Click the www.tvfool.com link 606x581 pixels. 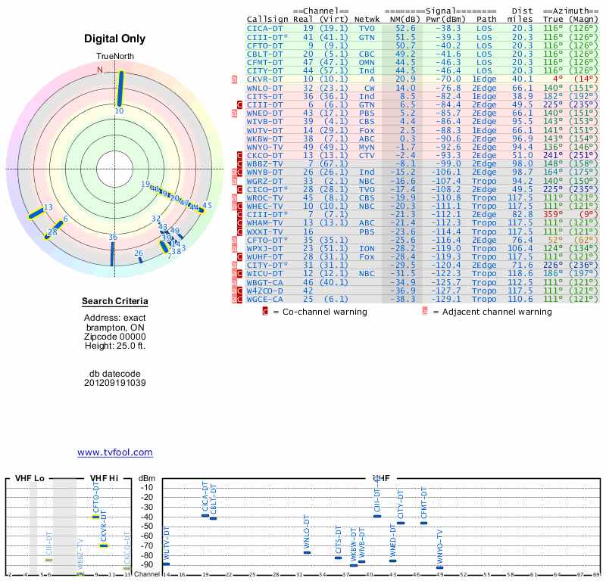tap(115, 452)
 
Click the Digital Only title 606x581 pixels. tap(115, 39)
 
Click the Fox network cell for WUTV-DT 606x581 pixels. tap(367, 129)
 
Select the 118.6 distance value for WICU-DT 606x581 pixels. tap(522, 274)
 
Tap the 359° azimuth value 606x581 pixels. tap(552, 215)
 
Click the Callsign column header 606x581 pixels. tap(268, 19)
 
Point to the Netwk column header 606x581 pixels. tap(367, 19)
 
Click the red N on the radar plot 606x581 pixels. tap(99, 70)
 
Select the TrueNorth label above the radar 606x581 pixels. tap(114, 57)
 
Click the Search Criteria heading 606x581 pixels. tap(115, 302)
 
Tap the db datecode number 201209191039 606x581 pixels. tap(115, 383)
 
